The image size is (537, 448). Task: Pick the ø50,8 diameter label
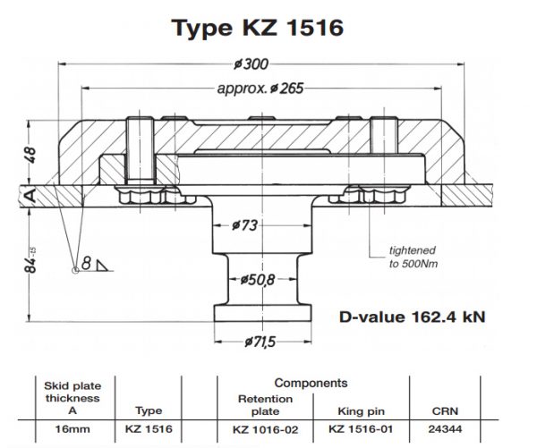pyautogui.click(x=258, y=280)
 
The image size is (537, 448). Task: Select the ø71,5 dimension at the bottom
pyautogui.click(x=261, y=342)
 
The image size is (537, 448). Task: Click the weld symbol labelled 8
pyautogui.click(x=89, y=263)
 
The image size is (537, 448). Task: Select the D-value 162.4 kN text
pyautogui.click(x=412, y=317)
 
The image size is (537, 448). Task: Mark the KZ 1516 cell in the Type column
pyautogui.click(x=149, y=428)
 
